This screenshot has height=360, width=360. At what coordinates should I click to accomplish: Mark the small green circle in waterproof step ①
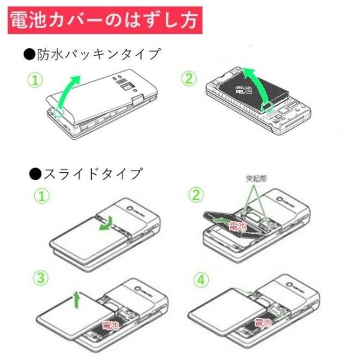pyautogui.click(x=58, y=112)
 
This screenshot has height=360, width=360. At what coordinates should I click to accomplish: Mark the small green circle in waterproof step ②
pyautogui.click(x=268, y=107)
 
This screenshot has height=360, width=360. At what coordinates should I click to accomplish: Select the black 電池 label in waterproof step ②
pyautogui.click(x=244, y=91)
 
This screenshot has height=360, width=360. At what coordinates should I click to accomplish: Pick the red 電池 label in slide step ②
pyautogui.click(x=238, y=227)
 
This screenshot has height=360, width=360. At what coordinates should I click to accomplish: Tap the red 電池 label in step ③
pyautogui.click(x=110, y=325)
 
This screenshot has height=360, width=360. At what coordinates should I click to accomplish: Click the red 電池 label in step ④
pyautogui.click(x=263, y=323)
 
